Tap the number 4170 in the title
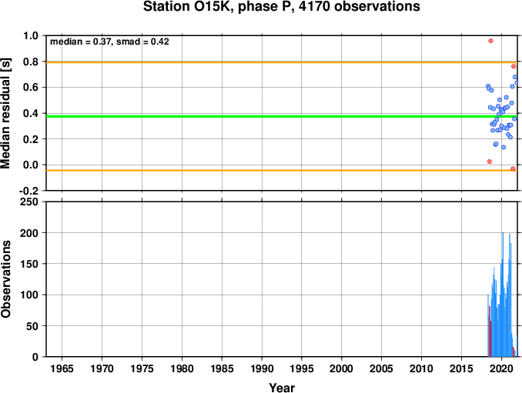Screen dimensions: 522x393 click(x=314, y=6)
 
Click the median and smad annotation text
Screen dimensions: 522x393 click(x=109, y=42)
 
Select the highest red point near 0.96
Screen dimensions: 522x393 click(x=490, y=41)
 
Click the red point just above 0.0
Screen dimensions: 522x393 click(x=490, y=162)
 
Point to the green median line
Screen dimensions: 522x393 click(x=282, y=116)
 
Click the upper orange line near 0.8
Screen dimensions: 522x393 click(x=282, y=62)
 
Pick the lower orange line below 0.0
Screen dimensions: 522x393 click(x=282, y=171)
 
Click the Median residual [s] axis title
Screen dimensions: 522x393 click(x=5, y=113)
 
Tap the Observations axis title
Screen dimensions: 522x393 click(x=5, y=279)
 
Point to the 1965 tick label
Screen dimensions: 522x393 click(x=62, y=368)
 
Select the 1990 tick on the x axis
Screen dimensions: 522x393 click(x=262, y=368)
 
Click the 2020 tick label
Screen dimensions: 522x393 click(x=501, y=368)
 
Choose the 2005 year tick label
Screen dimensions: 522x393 click(x=382, y=368)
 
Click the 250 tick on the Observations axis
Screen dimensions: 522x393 click(x=29, y=201)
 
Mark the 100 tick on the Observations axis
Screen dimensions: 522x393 click(x=29, y=295)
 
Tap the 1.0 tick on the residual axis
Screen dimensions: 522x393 click(x=31, y=35)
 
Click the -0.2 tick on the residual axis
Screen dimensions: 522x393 click(x=28, y=191)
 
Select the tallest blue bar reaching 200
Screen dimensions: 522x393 click(x=503, y=295)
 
